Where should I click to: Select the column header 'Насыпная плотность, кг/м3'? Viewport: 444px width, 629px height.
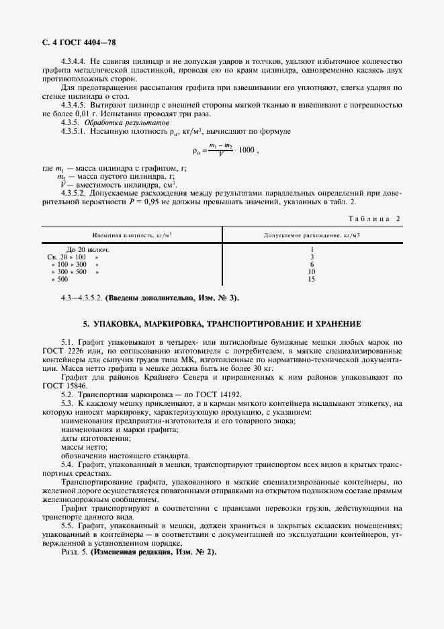coord(134,235)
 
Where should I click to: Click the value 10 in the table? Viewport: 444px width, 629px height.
coord(311,271)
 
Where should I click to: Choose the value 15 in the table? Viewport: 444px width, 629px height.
coord(311,279)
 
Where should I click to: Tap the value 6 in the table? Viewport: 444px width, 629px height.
coord(312,264)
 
